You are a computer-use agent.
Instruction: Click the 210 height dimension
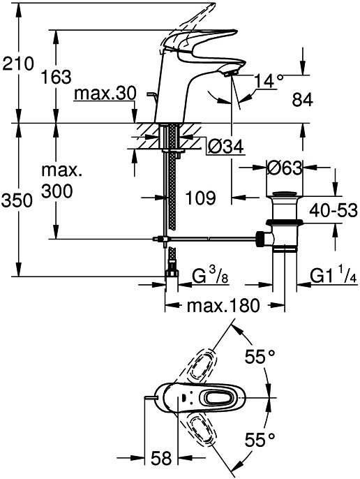pos(17,64)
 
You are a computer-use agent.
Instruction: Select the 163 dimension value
pos(56,77)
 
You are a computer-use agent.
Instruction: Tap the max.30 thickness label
pos(105,94)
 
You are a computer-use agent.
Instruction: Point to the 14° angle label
pos(267,81)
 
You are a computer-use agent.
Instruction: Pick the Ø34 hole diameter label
pos(225,147)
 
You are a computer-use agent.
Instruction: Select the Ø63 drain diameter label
pos(284,168)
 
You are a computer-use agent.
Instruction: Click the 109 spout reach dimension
pos(201,198)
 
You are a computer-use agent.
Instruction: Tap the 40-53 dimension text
pos(333,210)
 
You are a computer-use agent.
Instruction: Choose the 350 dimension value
pos(17,201)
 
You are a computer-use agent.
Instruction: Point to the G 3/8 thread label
pos(211,275)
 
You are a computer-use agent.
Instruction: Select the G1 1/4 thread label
pos(333,275)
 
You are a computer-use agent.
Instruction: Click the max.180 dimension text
pos(223,305)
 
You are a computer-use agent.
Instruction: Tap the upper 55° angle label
pos(260,357)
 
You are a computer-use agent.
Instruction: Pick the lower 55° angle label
pos(260,440)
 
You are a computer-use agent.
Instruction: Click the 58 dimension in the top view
pos(161,458)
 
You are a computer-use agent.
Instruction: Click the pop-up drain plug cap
pos(285,194)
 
